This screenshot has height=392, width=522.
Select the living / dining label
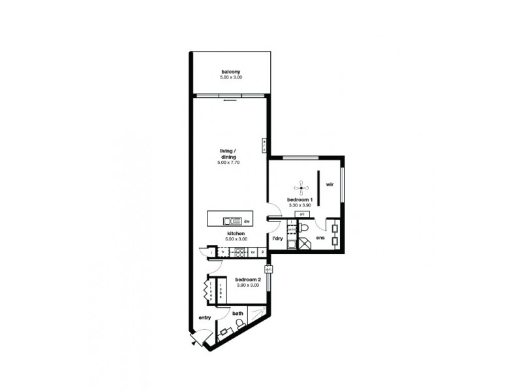229,154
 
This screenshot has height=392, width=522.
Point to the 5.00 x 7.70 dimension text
229,162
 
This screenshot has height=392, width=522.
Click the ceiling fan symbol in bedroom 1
301,189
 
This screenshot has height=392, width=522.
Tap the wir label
331,184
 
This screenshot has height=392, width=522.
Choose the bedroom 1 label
301,199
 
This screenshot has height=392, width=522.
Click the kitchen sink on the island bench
232,221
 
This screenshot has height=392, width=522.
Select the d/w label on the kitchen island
247,221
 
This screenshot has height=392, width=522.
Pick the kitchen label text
236,233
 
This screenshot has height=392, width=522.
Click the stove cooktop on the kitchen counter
238,251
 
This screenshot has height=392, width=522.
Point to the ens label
320,238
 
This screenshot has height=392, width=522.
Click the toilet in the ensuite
304,228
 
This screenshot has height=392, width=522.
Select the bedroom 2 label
248,280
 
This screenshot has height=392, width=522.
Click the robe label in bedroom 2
221,290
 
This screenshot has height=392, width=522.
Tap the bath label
239,314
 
